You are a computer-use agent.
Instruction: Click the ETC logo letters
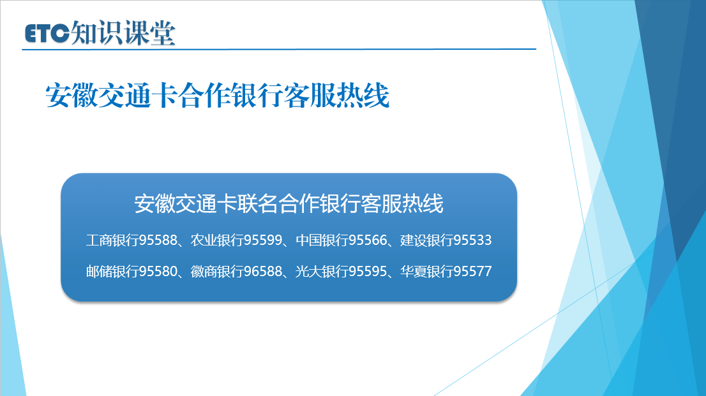[47, 33]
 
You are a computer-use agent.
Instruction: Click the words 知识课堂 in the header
[123, 33]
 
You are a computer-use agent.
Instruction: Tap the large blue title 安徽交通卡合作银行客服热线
[217, 96]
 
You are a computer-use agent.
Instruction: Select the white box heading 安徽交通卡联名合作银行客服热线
[289, 203]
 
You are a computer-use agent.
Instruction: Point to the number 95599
[262, 240]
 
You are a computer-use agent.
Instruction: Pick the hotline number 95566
[368, 240]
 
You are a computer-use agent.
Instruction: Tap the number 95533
[472, 240]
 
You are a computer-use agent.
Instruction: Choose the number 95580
[158, 271]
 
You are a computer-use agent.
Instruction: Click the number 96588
[262, 271]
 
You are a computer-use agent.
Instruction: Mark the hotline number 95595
[368, 271]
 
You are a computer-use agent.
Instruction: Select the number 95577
[472, 271]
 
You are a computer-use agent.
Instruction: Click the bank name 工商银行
[112, 240]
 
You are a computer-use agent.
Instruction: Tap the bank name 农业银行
[216, 240]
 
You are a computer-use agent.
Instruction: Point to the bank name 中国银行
[322, 240]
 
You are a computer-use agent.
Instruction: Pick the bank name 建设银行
[426, 240]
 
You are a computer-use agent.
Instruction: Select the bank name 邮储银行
[112, 271]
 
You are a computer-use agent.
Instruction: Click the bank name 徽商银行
[216, 271]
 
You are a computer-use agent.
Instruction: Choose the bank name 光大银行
[322, 271]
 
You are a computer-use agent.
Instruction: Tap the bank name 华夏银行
[426, 271]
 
